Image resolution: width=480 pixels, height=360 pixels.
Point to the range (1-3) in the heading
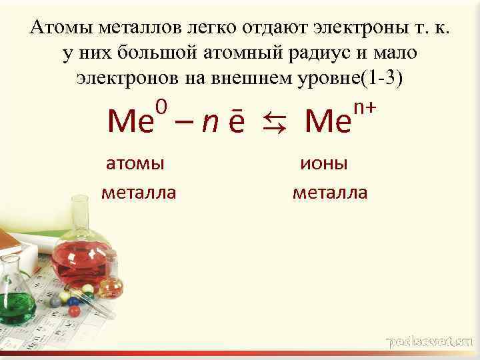click(x=382, y=77)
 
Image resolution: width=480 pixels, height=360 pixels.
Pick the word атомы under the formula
click(x=136, y=163)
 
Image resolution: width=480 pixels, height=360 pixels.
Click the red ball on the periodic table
click(x=74, y=311)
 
